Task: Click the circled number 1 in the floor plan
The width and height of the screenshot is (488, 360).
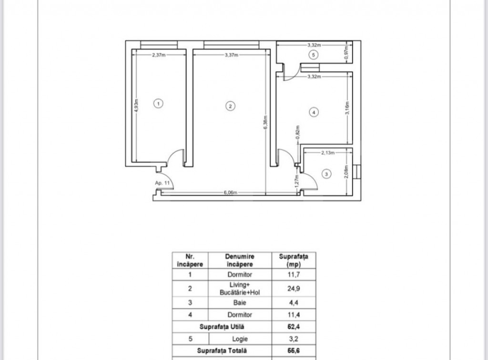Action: pos(158,103)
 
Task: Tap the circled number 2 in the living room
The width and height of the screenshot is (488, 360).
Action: pos(230,106)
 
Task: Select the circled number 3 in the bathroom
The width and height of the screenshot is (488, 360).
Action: pos(326,174)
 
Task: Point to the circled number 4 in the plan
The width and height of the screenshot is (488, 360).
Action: pos(314,112)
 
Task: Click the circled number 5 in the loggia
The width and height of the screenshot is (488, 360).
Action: pos(314,55)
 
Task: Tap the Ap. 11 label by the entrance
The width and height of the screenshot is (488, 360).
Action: pos(163,183)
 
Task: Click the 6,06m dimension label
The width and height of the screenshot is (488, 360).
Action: pos(230,193)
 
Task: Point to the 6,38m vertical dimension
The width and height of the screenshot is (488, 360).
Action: pos(265,123)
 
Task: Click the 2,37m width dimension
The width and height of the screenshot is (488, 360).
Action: pos(159,55)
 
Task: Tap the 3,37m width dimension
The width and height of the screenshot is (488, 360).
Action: pos(232,55)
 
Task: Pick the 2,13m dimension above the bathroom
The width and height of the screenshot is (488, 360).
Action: pos(328,153)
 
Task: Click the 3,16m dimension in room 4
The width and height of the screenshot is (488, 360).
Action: pos(347,108)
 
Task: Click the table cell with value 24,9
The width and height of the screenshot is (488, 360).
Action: pos(294,288)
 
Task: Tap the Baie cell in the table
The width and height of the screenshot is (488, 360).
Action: pos(240,302)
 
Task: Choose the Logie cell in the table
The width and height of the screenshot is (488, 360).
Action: pos(240,339)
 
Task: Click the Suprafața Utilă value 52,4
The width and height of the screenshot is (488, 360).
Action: pos(294,327)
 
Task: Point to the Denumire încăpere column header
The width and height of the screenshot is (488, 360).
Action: pos(240,260)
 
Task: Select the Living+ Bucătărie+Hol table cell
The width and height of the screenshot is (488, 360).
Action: pos(240,288)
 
